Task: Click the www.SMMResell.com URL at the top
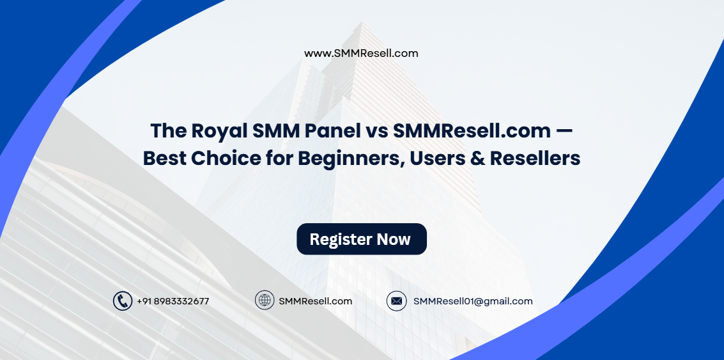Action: click(x=361, y=54)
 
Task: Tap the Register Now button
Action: click(x=361, y=239)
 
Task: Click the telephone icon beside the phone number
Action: click(x=122, y=301)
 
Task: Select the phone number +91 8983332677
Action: click(x=173, y=301)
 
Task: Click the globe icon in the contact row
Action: click(x=265, y=301)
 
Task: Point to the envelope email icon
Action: click(x=396, y=301)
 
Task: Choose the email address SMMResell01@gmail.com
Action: click(x=473, y=301)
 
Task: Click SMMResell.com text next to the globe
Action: click(x=315, y=301)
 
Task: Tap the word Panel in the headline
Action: click(x=333, y=130)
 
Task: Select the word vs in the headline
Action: click(x=376, y=131)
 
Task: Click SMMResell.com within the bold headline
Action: click(x=472, y=130)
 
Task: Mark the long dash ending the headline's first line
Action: click(x=564, y=131)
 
